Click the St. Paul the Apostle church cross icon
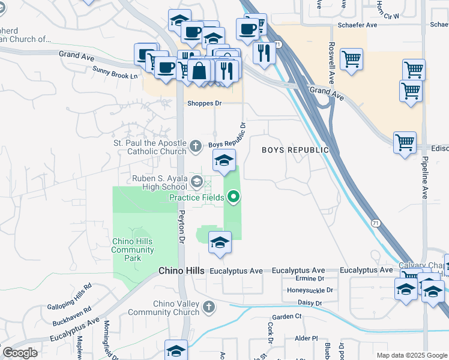tap(196, 145)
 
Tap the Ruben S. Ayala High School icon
tap(197, 181)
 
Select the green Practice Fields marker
tap(234, 196)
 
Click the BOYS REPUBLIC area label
tap(295, 150)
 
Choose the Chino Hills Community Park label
tap(133, 250)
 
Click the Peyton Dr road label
tap(179, 226)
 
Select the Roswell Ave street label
tap(331, 62)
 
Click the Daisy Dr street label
tap(310, 303)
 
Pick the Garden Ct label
tap(286, 316)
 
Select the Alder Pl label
tap(306, 338)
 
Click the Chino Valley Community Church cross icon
tap(209, 308)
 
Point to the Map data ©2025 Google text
tap(411, 355)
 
